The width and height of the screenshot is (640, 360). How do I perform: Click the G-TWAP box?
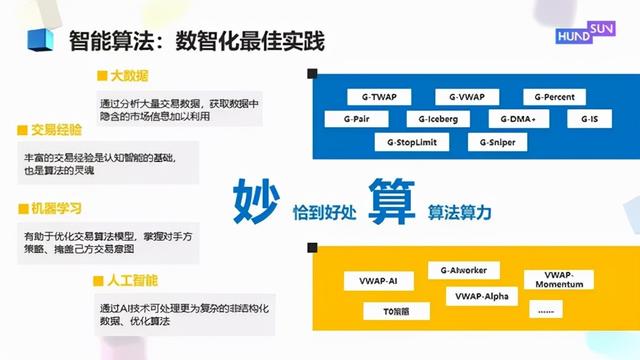pyautogui.click(x=377, y=97)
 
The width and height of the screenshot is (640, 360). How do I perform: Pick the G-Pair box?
pyautogui.click(x=356, y=119)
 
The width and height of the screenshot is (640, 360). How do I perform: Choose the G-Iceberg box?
pyautogui.click(x=438, y=119)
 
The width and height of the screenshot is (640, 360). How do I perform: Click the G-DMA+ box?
pyautogui.click(x=518, y=119)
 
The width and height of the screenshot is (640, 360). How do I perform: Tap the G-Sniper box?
pyautogui.click(x=496, y=142)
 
